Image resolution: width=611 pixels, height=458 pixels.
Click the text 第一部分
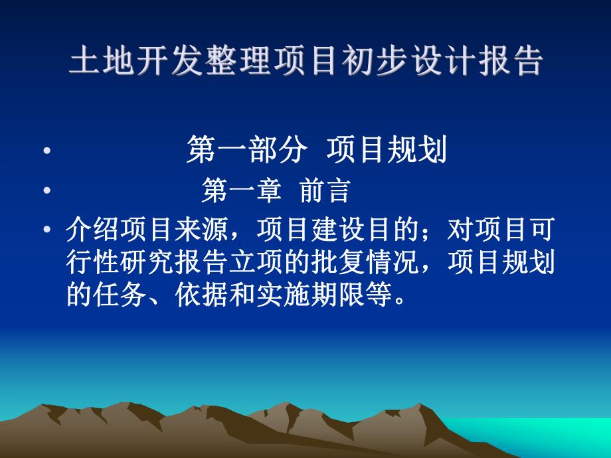point(246,151)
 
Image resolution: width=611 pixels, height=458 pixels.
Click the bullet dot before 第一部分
point(46,152)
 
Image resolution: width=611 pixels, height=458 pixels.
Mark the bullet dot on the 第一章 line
point(46,192)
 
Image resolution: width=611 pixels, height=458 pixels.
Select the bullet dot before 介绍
point(46,232)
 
